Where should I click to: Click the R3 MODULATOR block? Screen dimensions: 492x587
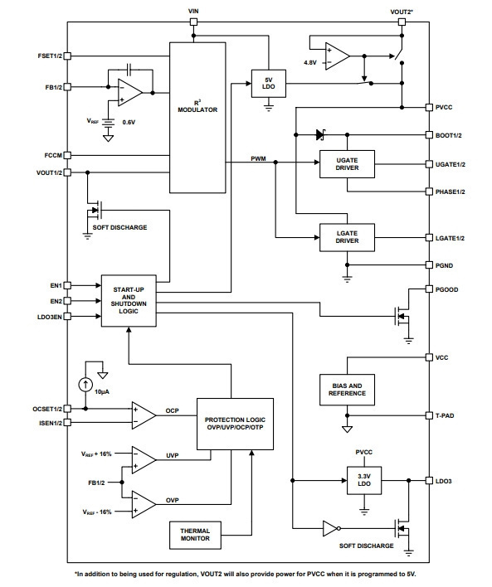pyautogui.click(x=197, y=118)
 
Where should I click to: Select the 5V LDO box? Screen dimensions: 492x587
pyautogui.click(x=269, y=84)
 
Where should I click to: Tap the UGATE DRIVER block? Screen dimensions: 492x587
pyautogui.click(x=347, y=164)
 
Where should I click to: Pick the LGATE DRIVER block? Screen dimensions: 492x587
pyautogui.click(x=347, y=237)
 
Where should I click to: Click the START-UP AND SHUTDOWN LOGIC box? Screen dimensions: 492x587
pyautogui.click(x=129, y=301)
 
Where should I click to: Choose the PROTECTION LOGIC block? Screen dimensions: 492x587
pyautogui.click(x=235, y=424)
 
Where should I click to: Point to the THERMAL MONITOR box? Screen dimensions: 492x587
pyautogui.click(x=195, y=535)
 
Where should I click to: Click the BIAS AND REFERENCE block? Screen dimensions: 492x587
pyautogui.click(x=347, y=390)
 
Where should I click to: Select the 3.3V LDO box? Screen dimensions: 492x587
pyautogui.click(x=364, y=480)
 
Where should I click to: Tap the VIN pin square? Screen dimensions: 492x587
pyautogui.click(x=193, y=22)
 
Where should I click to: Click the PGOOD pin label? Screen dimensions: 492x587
pyautogui.click(x=446, y=289)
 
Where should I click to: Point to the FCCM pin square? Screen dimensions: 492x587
pyautogui.click(x=67, y=155)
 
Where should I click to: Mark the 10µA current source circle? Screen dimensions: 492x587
pyautogui.click(x=85, y=385)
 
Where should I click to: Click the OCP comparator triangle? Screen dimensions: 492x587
pyautogui.click(x=143, y=415)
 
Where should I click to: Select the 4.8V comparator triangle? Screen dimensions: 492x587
pyautogui.click(x=336, y=56)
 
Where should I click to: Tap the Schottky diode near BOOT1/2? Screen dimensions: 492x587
pyautogui.click(x=320, y=134)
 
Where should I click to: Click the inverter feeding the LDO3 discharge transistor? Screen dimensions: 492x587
pyautogui.click(x=331, y=529)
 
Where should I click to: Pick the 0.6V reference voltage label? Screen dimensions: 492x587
pyautogui.click(x=129, y=122)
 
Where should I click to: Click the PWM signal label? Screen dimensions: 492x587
pyautogui.click(x=258, y=158)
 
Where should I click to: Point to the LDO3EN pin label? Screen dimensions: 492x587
pyautogui.click(x=50, y=317)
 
